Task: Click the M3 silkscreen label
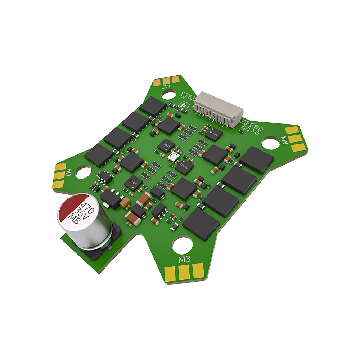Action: coord(184,259)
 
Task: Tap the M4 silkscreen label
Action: coord(285,140)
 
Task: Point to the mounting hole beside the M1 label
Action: coord(83,172)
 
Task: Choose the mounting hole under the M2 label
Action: coord(168,95)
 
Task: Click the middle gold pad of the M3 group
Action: coord(184,271)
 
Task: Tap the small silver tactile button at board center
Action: coord(174,157)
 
